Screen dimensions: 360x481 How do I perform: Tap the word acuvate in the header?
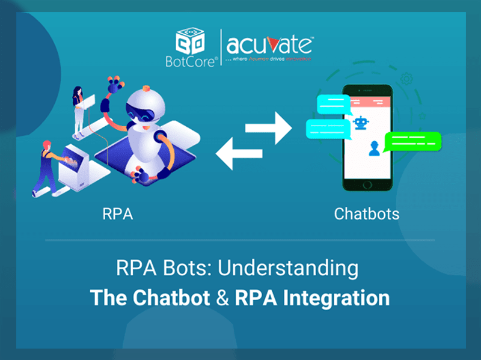tap(269, 46)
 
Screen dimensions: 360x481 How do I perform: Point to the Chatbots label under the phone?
tap(366, 214)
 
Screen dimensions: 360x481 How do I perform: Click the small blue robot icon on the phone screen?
tap(361, 124)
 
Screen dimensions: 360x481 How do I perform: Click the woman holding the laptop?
tap(79, 108)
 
